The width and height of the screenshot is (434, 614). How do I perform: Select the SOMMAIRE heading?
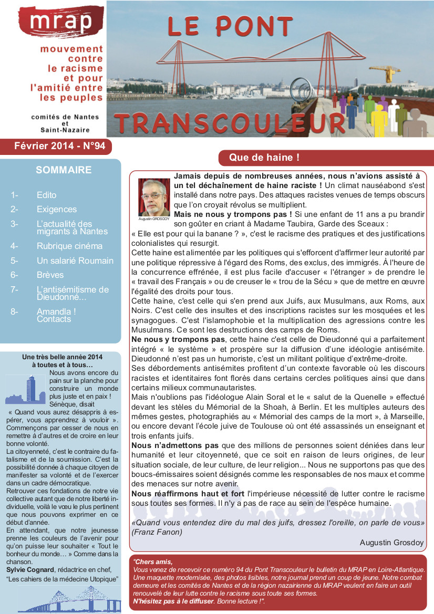(64, 170)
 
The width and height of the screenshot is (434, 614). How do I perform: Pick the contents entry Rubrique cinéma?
(69, 246)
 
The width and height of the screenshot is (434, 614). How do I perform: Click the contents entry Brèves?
(50, 275)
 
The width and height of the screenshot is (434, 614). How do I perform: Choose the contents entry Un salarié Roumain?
(75, 261)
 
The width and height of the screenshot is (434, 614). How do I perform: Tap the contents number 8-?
(14, 311)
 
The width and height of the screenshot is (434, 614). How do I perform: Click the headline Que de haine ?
(264, 157)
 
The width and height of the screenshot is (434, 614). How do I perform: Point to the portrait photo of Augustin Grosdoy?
(154, 196)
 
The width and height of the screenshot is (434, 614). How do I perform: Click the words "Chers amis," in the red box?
(153, 561)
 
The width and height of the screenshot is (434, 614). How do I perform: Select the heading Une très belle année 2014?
(62, 357)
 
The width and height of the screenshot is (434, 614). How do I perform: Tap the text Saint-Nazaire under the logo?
(65, 130)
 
